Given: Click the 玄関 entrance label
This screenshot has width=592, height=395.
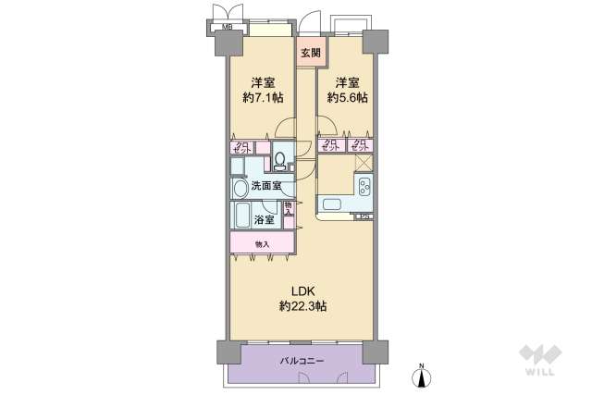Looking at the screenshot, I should [310, 53].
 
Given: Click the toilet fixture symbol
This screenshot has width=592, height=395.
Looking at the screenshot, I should [279, 161].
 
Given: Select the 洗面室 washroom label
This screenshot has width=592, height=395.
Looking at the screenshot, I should [264, 186].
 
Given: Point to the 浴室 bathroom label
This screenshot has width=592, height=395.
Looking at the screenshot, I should [264, 220].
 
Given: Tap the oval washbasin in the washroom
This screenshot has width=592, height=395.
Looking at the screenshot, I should [240, 188].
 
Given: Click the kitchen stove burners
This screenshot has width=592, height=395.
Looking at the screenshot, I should [364, 189].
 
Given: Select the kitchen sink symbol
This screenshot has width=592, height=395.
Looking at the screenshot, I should [330, 204].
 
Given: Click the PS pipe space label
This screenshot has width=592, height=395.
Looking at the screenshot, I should [364, 216].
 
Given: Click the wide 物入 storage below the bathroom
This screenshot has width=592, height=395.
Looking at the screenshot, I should [262, 244].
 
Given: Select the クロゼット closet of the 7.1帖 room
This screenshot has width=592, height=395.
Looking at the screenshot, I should [242, 147].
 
